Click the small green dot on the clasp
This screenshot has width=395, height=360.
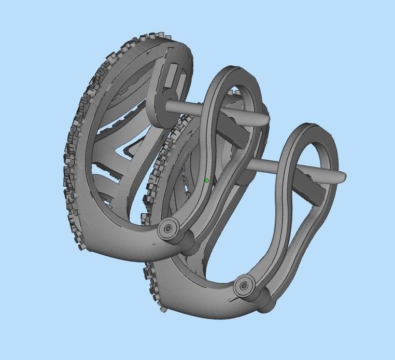click(x=207, y=180)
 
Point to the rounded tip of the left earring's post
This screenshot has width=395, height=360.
click(x=265, y=119)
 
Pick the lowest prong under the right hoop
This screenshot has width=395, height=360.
click(x=163, y=309)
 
